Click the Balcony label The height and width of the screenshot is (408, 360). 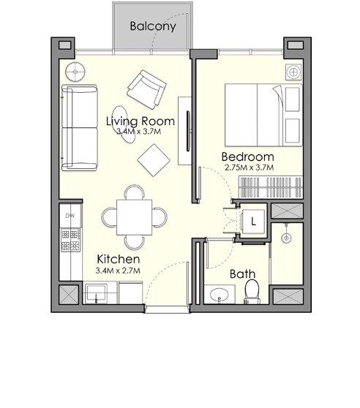[152, 26]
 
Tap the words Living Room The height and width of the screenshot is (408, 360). [140, 121]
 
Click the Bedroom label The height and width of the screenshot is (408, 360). [247, 156]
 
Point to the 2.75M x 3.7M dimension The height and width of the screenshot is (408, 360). [249, 167]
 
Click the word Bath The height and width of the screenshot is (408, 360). [243, 274]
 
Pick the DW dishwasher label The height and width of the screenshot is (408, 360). [70, 216]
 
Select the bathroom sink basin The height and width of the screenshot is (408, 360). [217, 296]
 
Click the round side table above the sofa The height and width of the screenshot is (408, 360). [75, 72]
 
